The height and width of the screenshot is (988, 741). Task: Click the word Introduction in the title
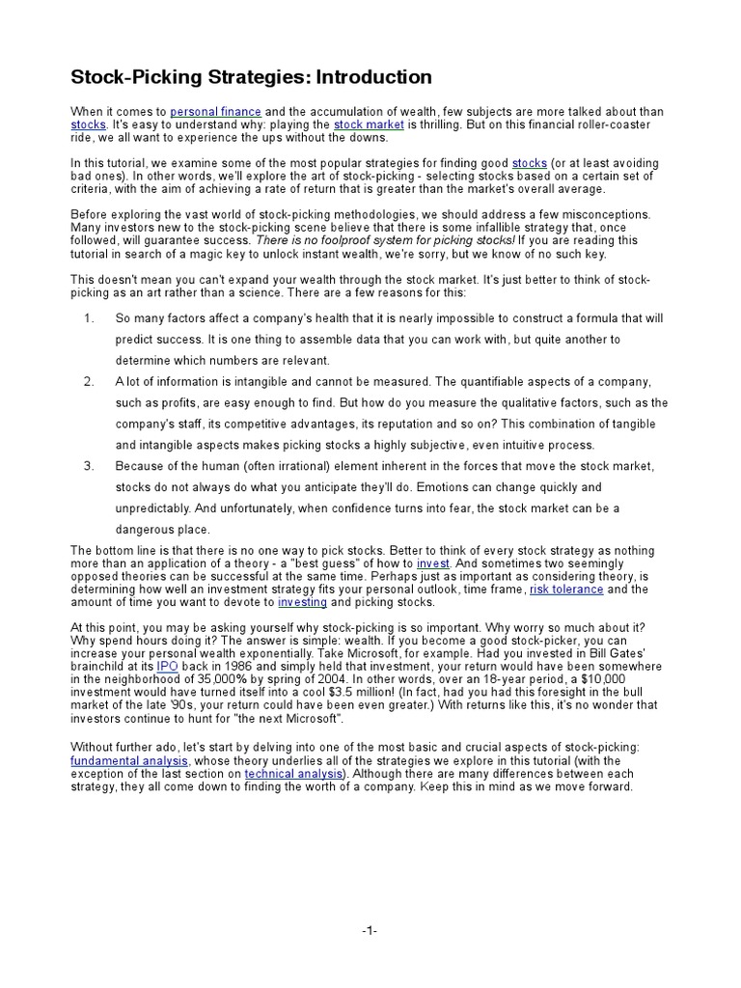(370, 77)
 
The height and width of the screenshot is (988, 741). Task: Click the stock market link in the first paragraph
(369, 125)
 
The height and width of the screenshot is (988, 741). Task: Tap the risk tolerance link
(566, 589)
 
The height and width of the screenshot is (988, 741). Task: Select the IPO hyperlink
(166, 666)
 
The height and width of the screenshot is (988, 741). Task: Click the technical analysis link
(287, 773)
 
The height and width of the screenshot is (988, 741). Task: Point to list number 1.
(88, 318)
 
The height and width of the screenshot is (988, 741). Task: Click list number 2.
(88, 382)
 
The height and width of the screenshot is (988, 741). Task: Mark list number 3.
(88, 466)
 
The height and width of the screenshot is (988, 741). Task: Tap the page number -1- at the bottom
(370, 929)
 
